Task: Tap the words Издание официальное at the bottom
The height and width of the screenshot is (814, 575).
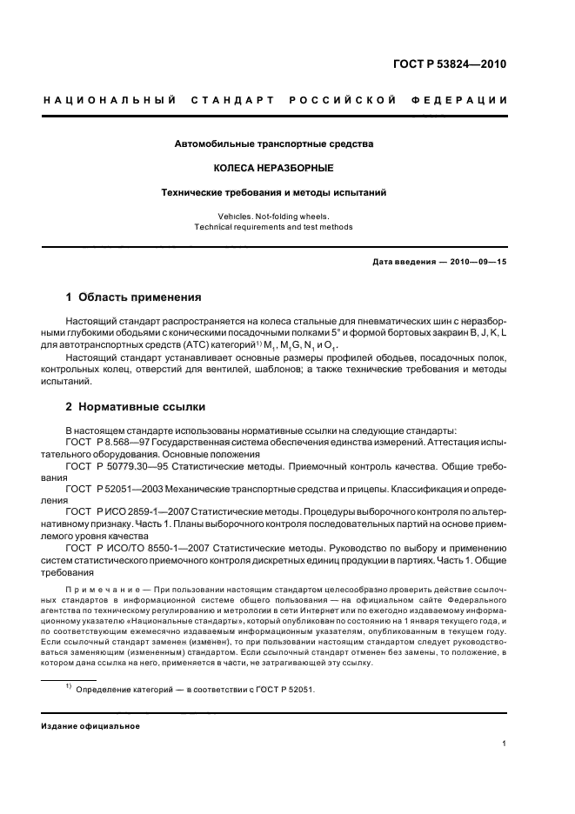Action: click(90, 726)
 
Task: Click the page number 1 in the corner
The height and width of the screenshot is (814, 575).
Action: click(505, 744)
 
